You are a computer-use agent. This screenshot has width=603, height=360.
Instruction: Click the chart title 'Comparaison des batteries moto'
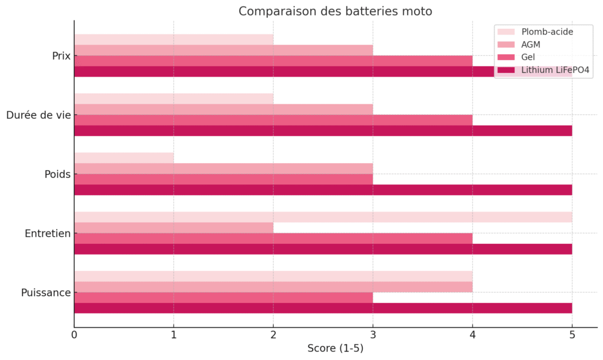point(335,11)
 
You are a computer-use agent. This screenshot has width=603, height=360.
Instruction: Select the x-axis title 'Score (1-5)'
point(335,348)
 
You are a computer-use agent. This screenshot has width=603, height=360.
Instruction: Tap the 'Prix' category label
point(61,56)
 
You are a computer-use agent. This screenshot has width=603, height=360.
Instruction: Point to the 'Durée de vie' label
point(38,115)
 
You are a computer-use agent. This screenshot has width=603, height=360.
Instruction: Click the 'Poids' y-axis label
point(57,174)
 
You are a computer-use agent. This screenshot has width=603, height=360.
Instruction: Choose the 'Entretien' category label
point(48,233)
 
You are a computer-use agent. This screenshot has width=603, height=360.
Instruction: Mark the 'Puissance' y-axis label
point(46,293)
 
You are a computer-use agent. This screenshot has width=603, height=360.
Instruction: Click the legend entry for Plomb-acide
point(547,32)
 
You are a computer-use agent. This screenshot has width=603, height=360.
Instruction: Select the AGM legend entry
point(532,45)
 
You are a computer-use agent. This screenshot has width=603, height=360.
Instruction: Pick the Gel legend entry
point(529,58)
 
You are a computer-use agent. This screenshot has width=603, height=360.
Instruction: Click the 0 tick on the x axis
point(74,335)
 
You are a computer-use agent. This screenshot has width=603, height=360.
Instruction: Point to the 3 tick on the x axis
point(373,335)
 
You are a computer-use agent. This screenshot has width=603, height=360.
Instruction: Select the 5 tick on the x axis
point(572,335)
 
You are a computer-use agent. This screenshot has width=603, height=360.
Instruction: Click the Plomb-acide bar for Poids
point(124,158)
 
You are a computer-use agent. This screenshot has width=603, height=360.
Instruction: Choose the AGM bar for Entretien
point(174,227)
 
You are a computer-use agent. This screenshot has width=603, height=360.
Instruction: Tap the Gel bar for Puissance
point(223,298)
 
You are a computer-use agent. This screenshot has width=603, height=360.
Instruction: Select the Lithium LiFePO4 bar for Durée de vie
point(323,131)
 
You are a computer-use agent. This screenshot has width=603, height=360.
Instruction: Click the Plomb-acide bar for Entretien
point(323,217)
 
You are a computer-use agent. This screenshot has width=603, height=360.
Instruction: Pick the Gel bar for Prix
point(273,61)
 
